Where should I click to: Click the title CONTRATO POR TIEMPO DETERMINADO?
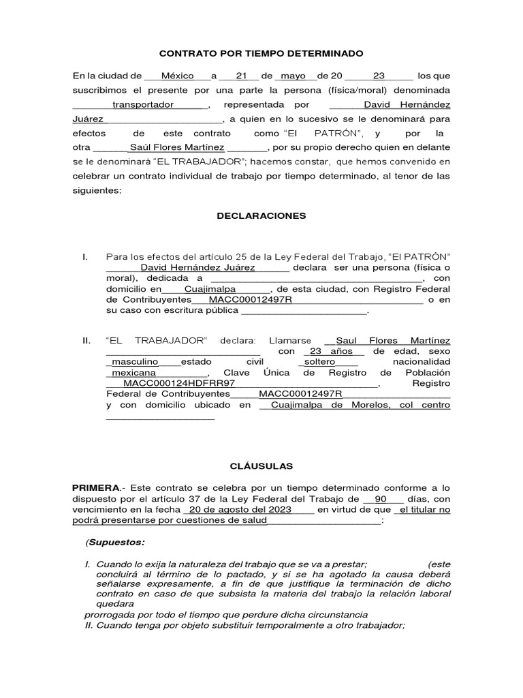pos(261,53)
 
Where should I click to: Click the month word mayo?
pos(294,76)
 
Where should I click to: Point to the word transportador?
pos(143,105)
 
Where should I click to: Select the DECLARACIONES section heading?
pos(261,216)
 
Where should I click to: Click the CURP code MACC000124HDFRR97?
pos(179,384)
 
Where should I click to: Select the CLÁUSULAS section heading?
pos(261,466)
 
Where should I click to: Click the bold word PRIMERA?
pos(96,488)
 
